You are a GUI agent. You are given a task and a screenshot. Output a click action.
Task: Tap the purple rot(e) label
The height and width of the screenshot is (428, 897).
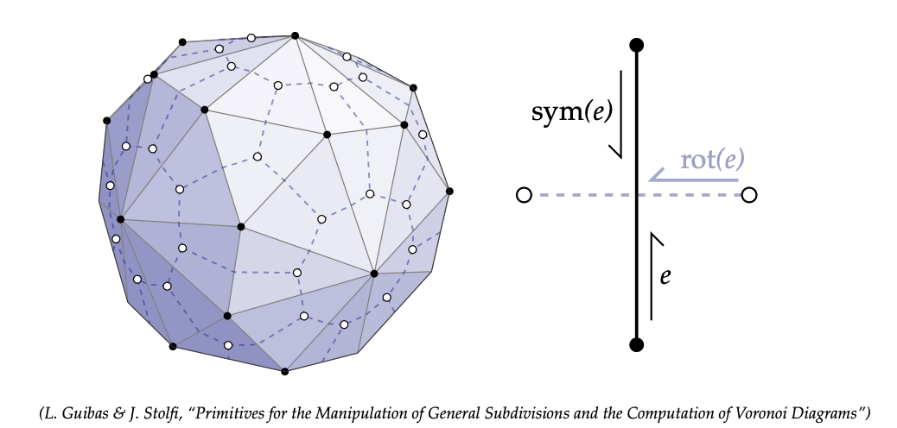coord(712,160)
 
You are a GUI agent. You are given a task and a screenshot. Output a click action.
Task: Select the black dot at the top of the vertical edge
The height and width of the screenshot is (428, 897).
coord(637,44)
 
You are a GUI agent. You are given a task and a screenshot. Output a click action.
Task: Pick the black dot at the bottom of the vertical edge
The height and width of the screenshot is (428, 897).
coord(637,345)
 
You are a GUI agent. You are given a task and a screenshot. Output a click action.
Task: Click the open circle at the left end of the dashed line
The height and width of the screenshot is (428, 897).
coord(523,195)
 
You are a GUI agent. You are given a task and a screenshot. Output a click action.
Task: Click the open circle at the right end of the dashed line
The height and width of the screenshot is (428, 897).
coord(749,195)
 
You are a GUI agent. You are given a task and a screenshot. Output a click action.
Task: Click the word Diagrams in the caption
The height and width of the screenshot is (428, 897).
coord(826,413)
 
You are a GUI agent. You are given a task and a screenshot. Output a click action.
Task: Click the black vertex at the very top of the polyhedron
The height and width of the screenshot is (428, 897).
coord(295,35)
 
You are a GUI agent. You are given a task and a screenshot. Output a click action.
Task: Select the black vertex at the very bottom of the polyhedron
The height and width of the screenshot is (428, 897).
coord(284,372)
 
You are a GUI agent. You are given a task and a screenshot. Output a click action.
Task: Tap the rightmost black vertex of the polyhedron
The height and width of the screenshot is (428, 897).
coord(449,191)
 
